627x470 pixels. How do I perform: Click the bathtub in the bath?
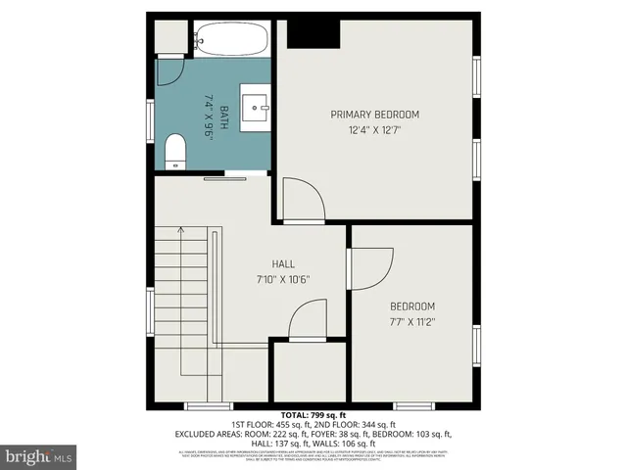coord(229,40)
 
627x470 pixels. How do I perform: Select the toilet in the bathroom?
coord(175,152)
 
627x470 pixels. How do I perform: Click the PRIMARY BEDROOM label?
coord(374,114)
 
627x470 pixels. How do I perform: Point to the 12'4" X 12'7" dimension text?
coord(374,129)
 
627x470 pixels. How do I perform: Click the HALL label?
coord(283,263)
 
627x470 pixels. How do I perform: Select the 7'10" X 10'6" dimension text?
coord(283,279)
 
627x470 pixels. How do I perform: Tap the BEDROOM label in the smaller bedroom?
coord(411,305)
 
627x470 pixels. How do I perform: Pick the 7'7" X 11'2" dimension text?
coord(411,320)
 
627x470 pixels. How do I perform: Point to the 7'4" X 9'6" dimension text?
coord(208,117)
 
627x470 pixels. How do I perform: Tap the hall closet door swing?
coord(310,319)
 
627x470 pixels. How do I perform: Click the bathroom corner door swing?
coord(169,69)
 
